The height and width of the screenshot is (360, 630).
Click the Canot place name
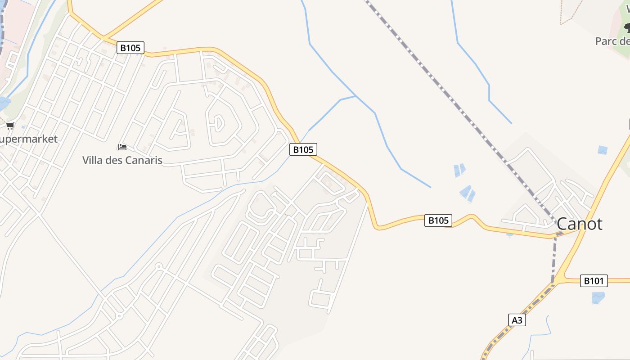(x=579, y=224)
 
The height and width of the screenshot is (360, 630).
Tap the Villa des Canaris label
(x=122, y=160)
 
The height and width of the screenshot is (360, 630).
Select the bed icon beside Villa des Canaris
(x=122, y=147)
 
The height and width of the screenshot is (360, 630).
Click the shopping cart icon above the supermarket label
(x=10, y=126)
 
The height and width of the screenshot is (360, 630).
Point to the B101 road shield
(x=593, y=281)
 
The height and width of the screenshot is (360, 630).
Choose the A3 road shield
(x=517, y=320)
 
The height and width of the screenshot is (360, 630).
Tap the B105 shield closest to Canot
(x=438, y=220)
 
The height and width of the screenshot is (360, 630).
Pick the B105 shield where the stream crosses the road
(x=302, y=149)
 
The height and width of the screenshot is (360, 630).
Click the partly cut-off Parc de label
(x=612, y=41)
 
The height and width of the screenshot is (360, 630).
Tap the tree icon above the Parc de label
(x=627, y=28)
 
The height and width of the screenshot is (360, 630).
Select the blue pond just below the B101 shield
(x=598, y=297)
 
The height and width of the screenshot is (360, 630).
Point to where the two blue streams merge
(x=355, y=96)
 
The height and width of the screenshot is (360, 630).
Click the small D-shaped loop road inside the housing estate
(x=218, y=122)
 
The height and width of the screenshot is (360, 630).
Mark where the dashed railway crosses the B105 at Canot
(x=556, y=234)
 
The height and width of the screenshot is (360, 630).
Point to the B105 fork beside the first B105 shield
(x=103, y=37)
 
